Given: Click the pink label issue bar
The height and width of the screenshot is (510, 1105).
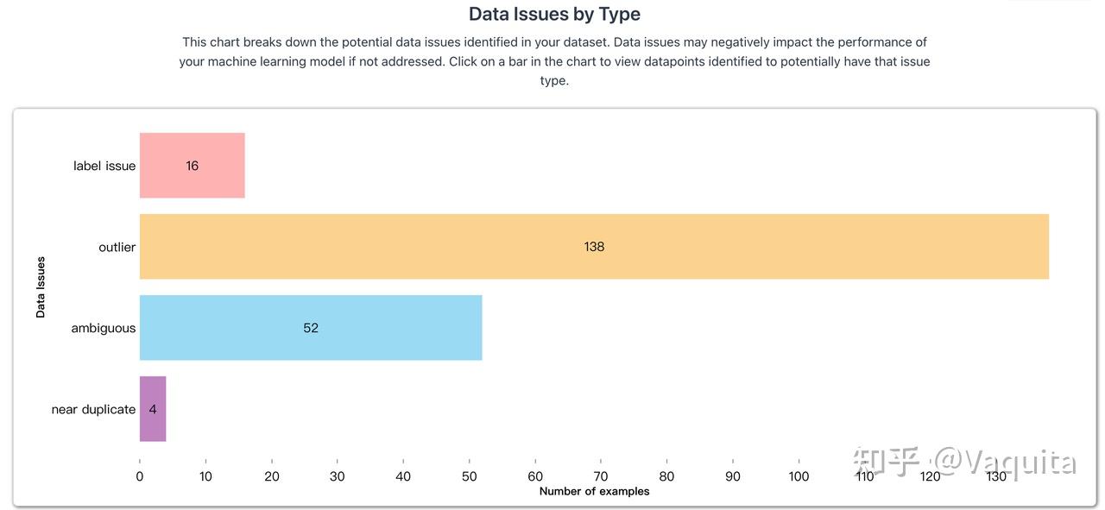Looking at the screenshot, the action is [x=192, y=165].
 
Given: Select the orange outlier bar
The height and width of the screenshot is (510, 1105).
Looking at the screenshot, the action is [x=594, y=247].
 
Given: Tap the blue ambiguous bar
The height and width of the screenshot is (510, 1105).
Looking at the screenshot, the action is [x=311, y=328].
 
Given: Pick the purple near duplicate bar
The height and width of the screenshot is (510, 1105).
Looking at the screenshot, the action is [x=153, y=409].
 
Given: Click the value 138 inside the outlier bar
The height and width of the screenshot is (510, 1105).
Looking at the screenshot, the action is [x=594, y=247].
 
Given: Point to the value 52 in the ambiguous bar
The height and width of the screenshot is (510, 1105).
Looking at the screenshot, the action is [x=311, y=328].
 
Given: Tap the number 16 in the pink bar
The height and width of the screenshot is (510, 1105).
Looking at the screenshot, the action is [x=192, y=166].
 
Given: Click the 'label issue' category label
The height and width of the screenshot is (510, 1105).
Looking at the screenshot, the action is [x=104, y=166].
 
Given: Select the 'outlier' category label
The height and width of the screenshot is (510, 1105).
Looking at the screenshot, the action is [x=117, y=247].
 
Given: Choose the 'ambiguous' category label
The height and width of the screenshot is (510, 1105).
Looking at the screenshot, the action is [x=103, y=329].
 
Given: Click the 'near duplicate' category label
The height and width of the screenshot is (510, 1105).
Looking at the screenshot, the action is [x=93, y=409].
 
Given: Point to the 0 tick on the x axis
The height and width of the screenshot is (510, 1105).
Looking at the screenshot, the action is [x=140, y=476].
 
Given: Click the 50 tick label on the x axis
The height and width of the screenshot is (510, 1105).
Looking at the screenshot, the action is [x=469, y=476].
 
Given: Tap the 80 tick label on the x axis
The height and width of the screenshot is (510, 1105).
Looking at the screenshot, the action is [x=666, y=476].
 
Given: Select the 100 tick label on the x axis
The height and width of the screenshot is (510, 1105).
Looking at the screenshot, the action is [x=799, y=476].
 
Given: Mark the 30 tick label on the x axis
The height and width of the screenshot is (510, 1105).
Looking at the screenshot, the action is [x=338, y=476].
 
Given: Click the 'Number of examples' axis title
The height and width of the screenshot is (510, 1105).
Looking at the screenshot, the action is [x=595, y=491].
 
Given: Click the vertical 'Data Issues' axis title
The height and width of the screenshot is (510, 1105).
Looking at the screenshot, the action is [x=41, y=287].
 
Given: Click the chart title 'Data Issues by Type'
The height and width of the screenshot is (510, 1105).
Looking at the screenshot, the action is [x=554, y=14].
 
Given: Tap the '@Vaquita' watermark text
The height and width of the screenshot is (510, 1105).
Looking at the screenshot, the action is [x=1006, y=463].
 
